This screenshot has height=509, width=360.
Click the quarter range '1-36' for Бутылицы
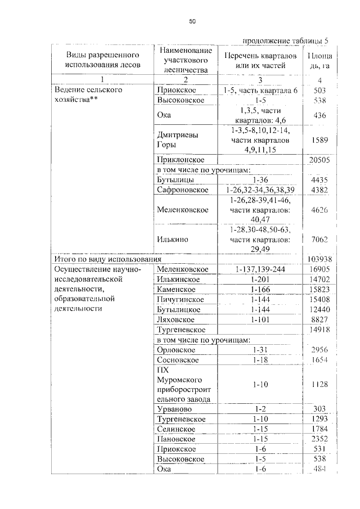(260, 179)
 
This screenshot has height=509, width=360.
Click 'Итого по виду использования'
(107, 259)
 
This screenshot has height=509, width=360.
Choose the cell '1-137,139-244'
(260, 269)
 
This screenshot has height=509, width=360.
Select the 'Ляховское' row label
(176, 319)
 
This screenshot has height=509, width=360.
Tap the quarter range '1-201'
(260, 280)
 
